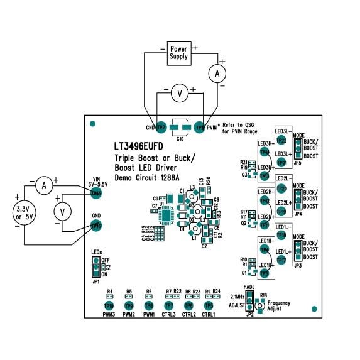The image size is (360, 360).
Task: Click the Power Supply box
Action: [x=178, y=52]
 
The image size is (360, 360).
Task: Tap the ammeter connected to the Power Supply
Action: [x=217, y=74]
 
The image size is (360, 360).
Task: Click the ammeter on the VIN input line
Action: [x=43, y=185]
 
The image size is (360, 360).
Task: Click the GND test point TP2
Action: [x=160, y=127]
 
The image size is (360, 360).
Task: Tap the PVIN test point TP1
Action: [x=200, y=127]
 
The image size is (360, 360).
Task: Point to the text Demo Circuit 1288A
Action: [x=151, y=178]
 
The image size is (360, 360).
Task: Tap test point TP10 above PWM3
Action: [x=109, y=305]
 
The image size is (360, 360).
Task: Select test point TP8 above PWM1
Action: [x=149, y=305]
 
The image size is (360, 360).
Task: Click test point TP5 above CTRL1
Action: [x=209, y=305]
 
